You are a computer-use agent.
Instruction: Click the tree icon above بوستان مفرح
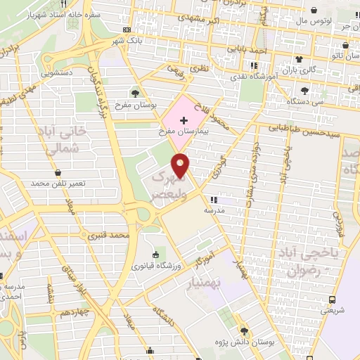(x=135, y=94)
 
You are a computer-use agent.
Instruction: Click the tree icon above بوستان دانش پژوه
(x=243, y=330)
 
